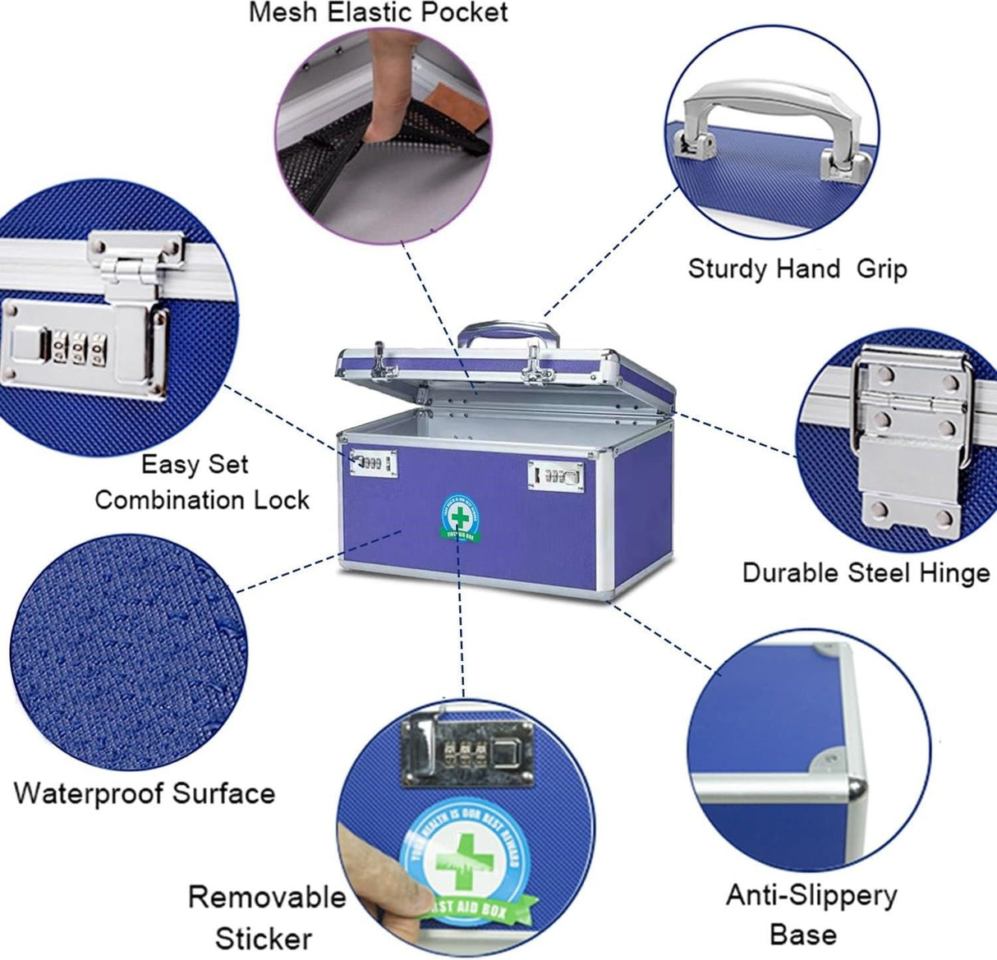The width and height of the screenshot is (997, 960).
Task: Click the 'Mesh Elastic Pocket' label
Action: (x=379, y=12)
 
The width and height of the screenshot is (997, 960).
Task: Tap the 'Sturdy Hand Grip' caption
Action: (x=797, y=269)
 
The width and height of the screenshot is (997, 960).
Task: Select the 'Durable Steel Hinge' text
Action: (x=866, y=572)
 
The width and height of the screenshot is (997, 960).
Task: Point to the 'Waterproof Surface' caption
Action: (x=144, y=793)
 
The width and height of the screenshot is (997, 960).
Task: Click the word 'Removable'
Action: (x=267, y=896)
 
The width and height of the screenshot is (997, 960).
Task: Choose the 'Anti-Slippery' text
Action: (x=811, y=894)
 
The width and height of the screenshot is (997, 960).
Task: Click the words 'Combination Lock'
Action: (x=202, y=499)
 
